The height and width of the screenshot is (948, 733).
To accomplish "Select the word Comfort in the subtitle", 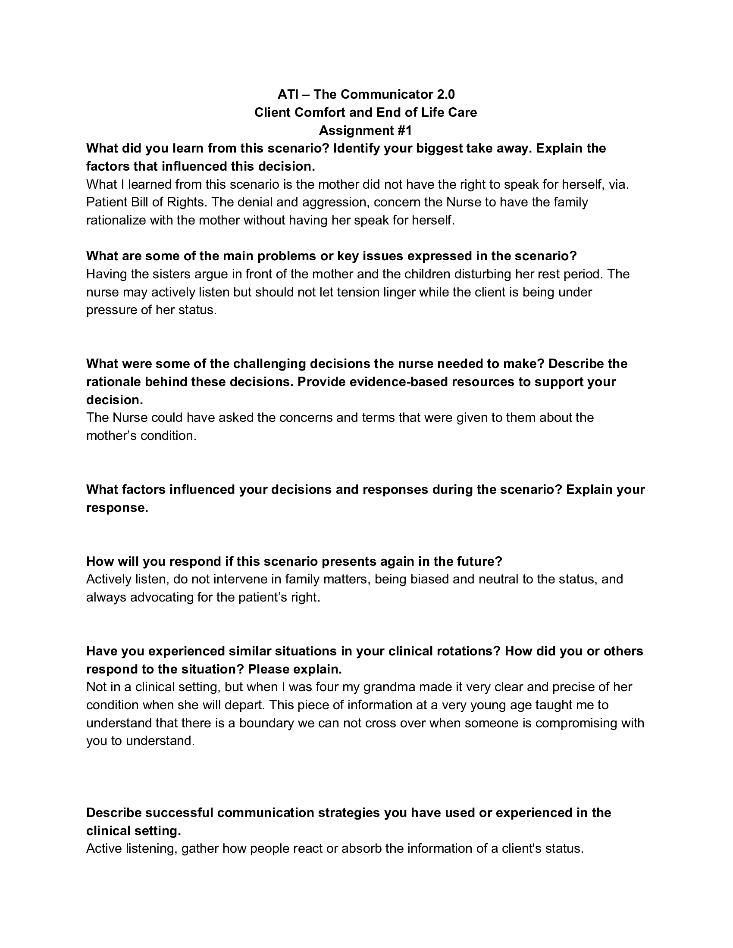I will pos(320,112).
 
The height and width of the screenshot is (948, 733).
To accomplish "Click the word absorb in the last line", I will pos(361,848).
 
